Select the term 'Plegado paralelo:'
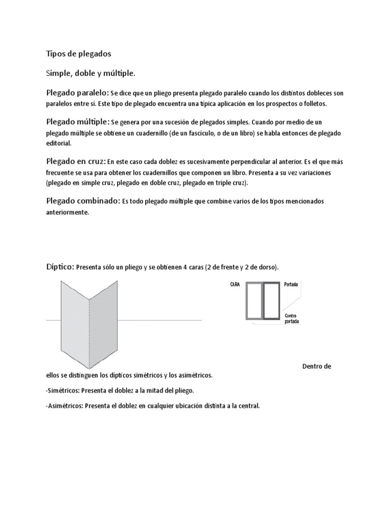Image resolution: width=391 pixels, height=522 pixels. point(76,93)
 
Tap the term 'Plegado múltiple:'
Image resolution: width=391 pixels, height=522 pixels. point(77,122)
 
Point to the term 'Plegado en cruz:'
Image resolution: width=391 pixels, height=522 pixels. point(76,162)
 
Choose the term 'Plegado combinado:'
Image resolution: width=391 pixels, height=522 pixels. point(83,201)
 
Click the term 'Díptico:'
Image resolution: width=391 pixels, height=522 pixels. point(60,267)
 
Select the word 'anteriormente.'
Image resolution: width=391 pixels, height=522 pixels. point(67,213)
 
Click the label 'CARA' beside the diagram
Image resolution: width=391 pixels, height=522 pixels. point(235,284)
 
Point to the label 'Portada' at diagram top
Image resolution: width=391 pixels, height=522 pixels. point(292,284)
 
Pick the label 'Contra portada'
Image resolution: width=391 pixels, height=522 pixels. point(292,319)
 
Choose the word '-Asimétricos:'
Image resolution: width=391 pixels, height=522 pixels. point(65,406)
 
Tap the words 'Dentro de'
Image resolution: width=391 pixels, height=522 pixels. point(317,366)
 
